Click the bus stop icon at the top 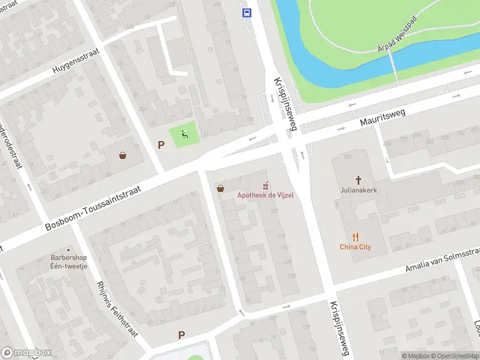click(x=246, y=13)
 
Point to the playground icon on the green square click(x=185, y=135)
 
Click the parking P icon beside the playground click(x=160, y=145)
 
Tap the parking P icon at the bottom click(x=181, y=335)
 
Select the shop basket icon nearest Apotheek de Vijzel click(x=221, y=188)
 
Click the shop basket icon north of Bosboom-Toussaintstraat click(x=123, y=155)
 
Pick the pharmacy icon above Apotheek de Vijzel click(x=265, y=185)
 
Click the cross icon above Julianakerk click(x=359, y=179)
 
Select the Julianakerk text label click(x=359, y=190)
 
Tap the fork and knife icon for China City click(x=355, y=236)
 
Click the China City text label click(x=355, y=247)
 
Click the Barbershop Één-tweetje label click(x=68, y=262)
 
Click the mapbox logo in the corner click(x=26, y=353)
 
